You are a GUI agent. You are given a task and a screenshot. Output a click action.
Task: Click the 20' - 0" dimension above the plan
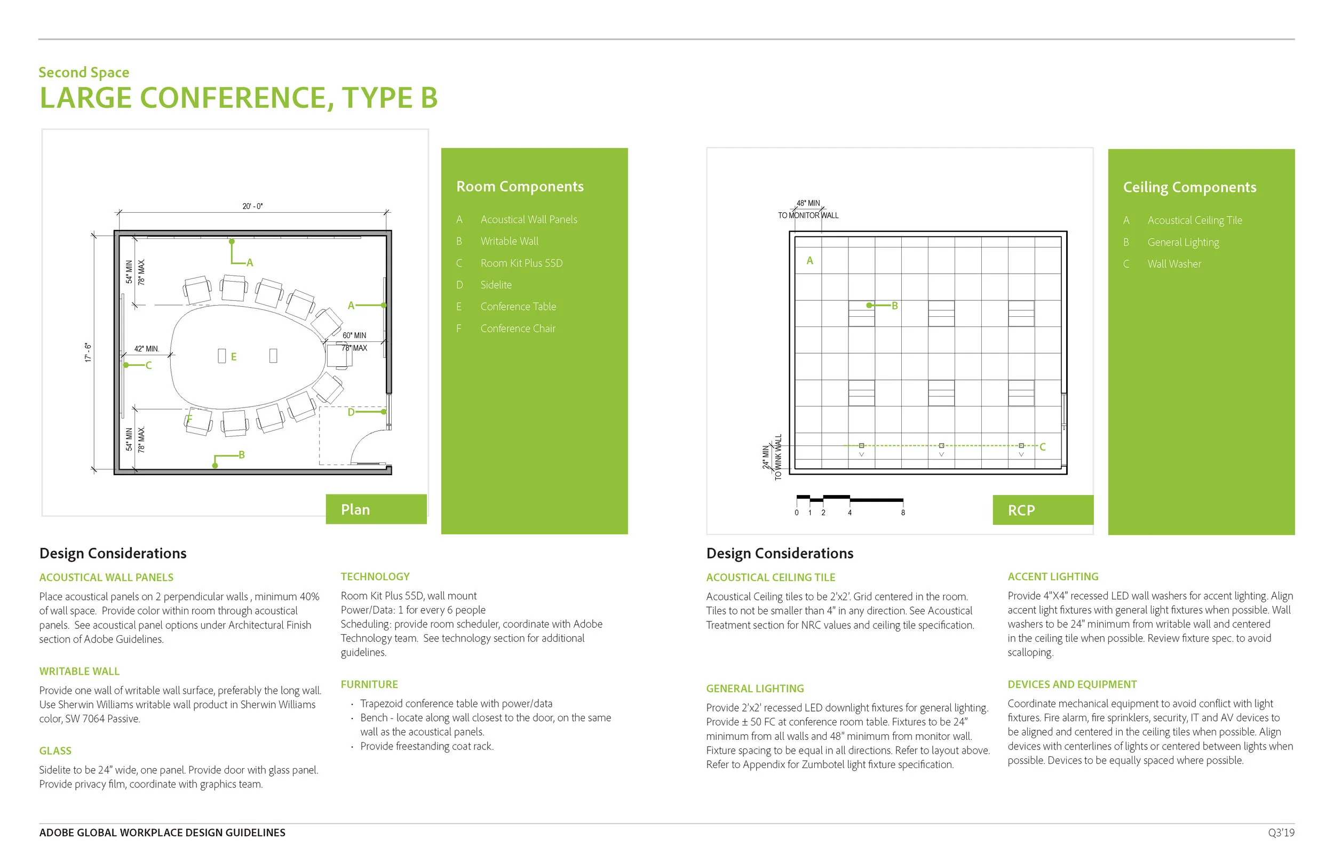click(x=252, y=206)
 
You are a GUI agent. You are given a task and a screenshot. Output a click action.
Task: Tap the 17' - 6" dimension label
click(x=88, y=353)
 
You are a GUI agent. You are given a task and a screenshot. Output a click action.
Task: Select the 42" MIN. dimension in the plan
click(x=146, y=349)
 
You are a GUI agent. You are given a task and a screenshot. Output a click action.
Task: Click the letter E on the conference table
click(x=234, y=356)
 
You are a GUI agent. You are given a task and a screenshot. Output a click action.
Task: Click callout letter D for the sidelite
click(x=351, y=412)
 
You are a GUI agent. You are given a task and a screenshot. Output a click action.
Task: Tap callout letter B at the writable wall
click(x=242, y=454)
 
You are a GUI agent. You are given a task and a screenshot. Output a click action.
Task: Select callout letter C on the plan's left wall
click(x=148, y=365)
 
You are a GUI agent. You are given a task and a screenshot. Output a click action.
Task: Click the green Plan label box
click(x=376, y=509)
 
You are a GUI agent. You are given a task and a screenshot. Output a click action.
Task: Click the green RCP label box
click(x=1042, y=510)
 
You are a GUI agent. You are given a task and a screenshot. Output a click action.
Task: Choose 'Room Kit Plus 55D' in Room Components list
click(x=521, y=263)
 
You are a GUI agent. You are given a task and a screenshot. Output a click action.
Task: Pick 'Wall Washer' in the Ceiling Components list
click(x=1174, y=264)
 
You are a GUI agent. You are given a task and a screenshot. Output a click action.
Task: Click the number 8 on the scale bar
click(x=903, y=513)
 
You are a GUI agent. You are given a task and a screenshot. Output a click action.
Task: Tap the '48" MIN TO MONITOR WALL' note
click(x=808, y=210)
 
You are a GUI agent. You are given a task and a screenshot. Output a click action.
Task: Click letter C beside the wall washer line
click(x=1043, y=446)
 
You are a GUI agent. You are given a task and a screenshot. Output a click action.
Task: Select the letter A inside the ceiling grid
click(x=809, y=261)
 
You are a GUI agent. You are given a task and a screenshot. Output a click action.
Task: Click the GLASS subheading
click(x=55, y=750)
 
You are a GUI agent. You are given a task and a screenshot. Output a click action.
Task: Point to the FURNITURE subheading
click(x=369, y=684)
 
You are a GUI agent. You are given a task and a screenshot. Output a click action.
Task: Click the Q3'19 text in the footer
click(x=1281, y=833)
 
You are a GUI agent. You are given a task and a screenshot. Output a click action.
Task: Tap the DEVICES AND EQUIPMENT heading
click(x=1071, y=684)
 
